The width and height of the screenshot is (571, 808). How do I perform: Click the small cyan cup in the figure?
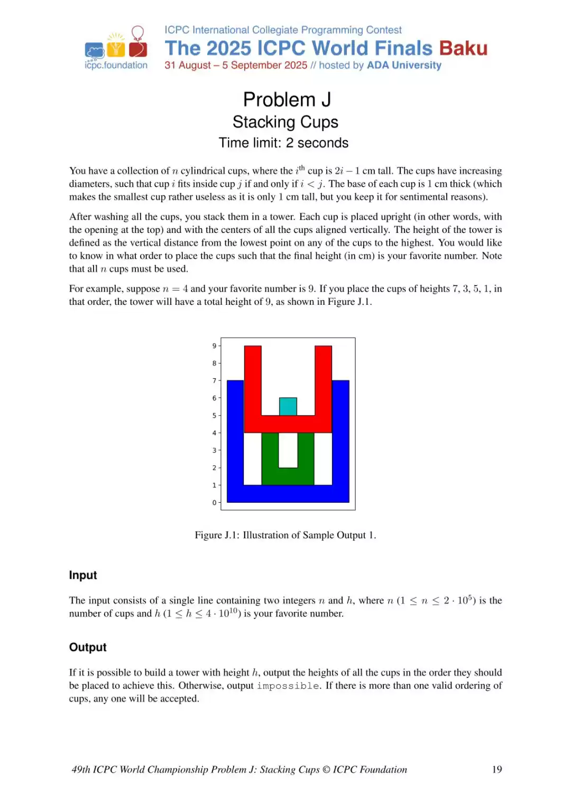coord(288,406)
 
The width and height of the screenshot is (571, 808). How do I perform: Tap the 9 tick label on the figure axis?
coord(214,346)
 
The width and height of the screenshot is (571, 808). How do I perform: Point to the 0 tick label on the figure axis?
coord(214,503)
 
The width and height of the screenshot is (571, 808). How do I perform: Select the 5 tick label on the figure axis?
coord(214,415)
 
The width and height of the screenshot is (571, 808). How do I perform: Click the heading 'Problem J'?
coord(287,99)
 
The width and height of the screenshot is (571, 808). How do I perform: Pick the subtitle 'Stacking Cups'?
coord(285,122)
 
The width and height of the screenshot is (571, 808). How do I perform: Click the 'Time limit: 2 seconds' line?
coord(283,143)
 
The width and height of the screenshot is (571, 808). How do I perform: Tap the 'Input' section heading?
coord(83,575)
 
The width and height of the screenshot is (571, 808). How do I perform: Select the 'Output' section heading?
coord(88,647)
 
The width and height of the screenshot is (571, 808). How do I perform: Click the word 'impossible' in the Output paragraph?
coord(288,686)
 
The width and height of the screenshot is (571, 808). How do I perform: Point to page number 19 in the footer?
coord(497,769)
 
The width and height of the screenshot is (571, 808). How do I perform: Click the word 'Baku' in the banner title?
coord(463,48)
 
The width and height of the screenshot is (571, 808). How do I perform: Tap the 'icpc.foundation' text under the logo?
coord(116,65)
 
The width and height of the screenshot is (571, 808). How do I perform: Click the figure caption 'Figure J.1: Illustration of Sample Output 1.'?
coord(285,535)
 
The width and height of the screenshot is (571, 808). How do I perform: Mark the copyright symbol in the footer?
coord(326,769)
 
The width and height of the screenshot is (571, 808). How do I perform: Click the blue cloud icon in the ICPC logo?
coord(95,51)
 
